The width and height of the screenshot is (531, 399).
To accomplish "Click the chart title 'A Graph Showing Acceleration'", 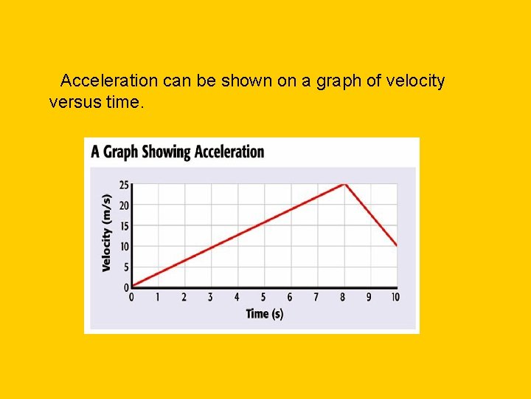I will click(x=177, y=152).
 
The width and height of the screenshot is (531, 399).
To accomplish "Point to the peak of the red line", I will click(x=344, y=184).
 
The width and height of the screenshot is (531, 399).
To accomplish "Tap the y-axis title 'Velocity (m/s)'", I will click(x=107, y=233).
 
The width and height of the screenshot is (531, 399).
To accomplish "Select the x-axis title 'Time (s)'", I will click(x=264, y=313).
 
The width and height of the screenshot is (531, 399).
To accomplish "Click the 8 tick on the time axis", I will click(x=343, y=297).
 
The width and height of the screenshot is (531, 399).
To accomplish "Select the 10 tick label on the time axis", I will click(x=395, y=297).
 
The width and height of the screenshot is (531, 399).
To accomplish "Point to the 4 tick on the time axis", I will click(x=237, y=297).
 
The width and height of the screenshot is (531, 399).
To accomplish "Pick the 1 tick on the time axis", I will click(x=157, y=297).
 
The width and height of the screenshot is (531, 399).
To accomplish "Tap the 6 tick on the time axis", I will click(x=290, y=297).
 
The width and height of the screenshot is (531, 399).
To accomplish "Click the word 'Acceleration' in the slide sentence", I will click(x=109, y=81).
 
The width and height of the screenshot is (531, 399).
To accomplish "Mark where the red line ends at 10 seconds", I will click(x=397, y=245).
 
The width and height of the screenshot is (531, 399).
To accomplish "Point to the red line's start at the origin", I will click(x=132, y=286).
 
